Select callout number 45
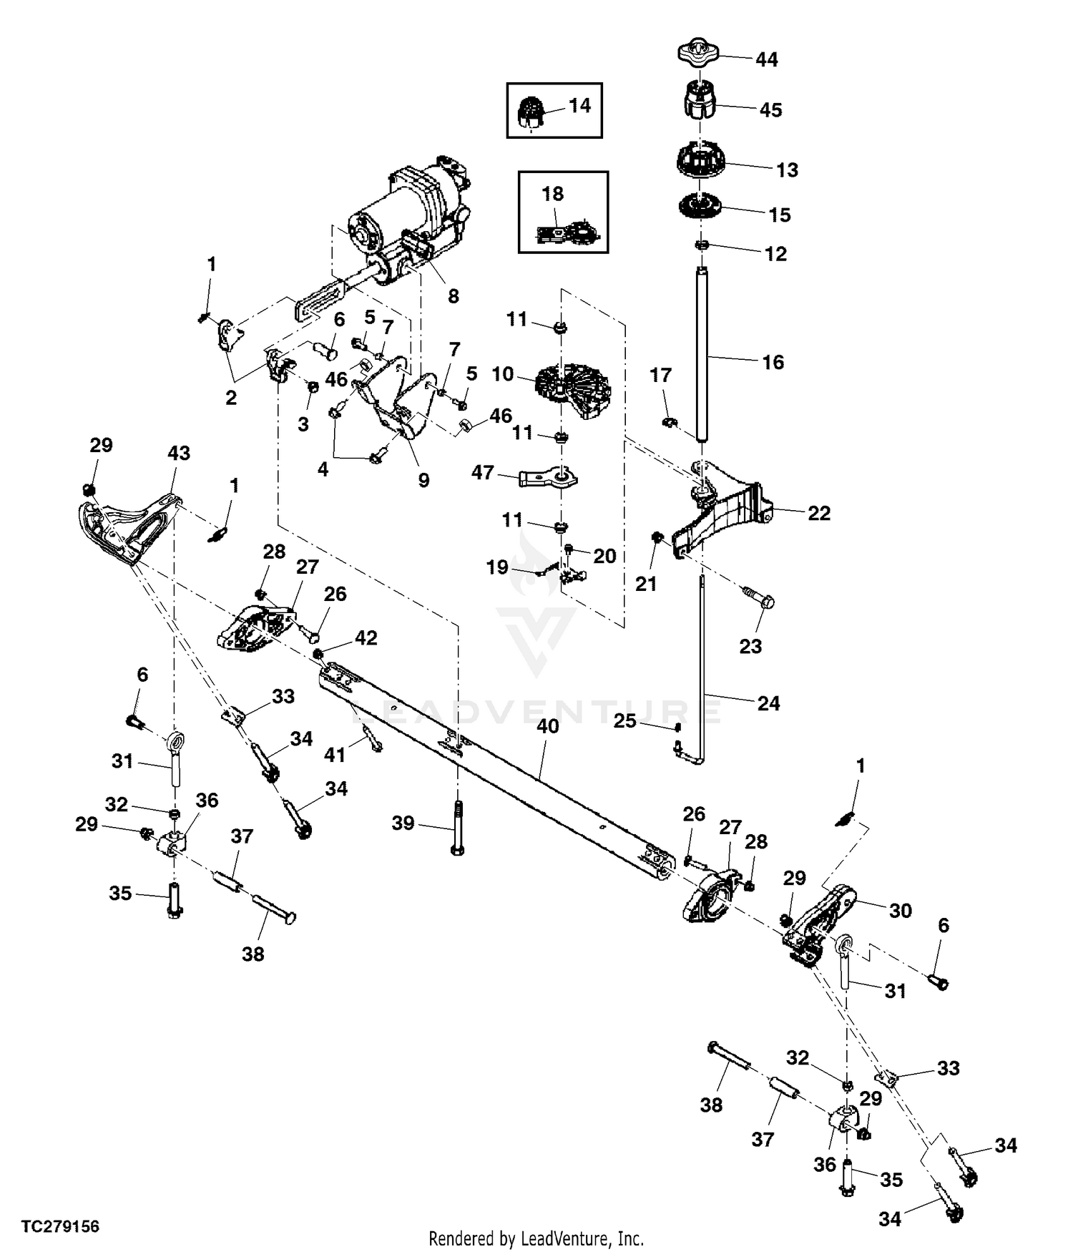(x=770, y=110)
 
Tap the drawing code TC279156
(x=60, y=1227)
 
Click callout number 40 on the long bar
(x=547, y=726)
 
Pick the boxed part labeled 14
(x=530, y=112)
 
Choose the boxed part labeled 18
(x=565, y=230)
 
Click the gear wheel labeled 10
(x=574, y=390)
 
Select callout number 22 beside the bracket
(x=819, y=513)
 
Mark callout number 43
(x=179, y=453)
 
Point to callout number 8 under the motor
(x=453, y=296)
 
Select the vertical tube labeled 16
(x=702, y=354)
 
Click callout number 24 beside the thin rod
(x=768, y=703)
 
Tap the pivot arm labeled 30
(x=823, y=916)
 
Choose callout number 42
(x=366, y=637)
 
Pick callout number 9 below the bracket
(x=423, y=480)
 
